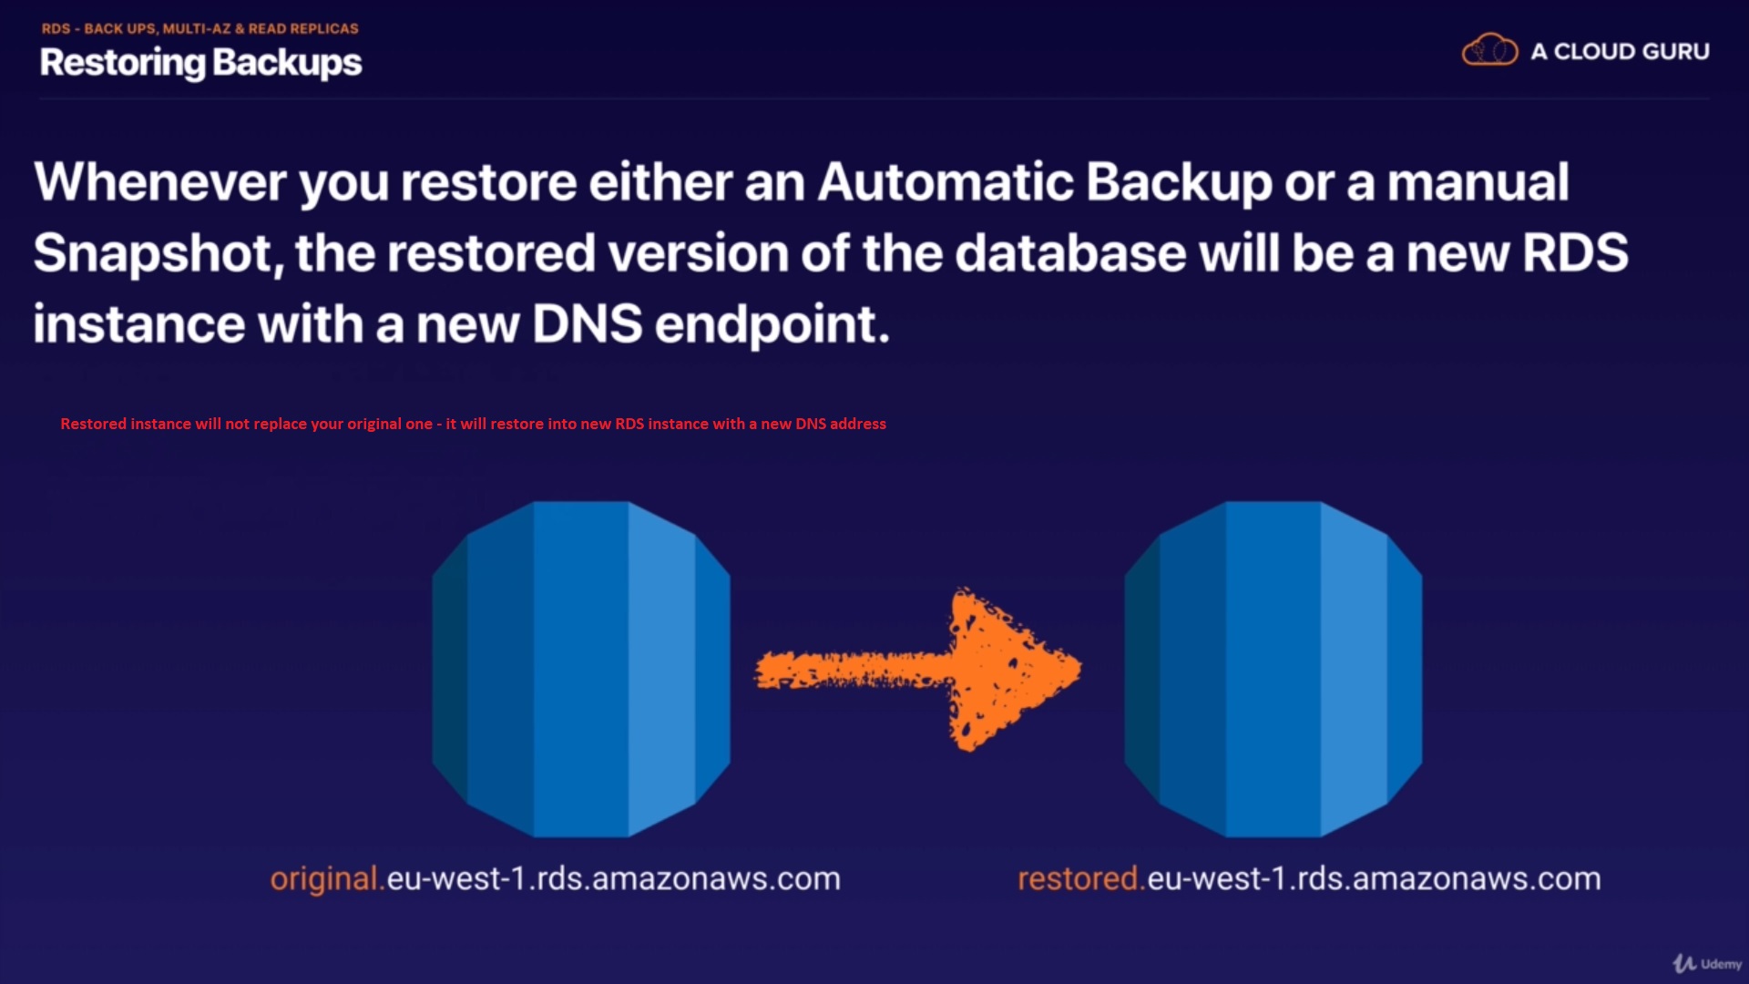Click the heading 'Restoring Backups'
tap(200, 63)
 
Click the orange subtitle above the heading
tap(199, 28)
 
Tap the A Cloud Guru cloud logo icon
tap(1489, 50)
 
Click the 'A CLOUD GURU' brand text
tap(1620, 52)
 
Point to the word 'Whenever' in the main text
tap(160, 181)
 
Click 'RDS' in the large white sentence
tap(1575, 252)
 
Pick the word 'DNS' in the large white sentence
tap(587, 323)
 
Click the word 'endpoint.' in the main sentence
tap(772, 325)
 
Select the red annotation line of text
tap(473, 424)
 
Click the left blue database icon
tap(581, 669)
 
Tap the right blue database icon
tap(1273, 669)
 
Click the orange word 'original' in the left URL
tap(323, 879)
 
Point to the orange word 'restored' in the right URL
tap(1078, 879)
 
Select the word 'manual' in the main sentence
tap(1478, 181)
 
